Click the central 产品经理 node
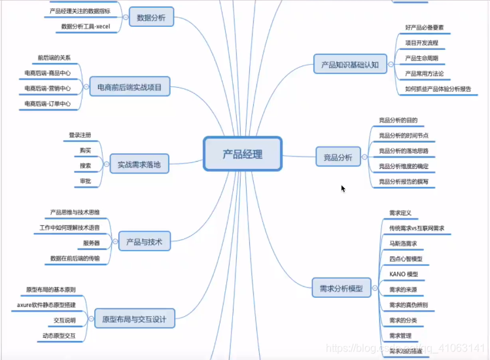(242, 154)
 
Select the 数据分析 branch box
(151, 18)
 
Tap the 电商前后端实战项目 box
(130, 86)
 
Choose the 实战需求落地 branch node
(139, 164)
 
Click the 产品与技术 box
(144, 242)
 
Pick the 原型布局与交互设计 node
(134, 320)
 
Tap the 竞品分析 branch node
(338, 157)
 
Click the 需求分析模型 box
(341, 287)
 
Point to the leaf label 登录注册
(80, 135)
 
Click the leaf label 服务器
(91, 243)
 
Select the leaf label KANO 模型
(403, 274)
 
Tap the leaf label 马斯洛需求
(403, 243)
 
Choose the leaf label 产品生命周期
(422, 58)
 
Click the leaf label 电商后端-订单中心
(47, 103)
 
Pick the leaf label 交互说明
(65, 321)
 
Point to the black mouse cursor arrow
(343, 189)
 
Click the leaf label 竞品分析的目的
(398, 120)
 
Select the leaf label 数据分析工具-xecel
(86, 27)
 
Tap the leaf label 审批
(85, 181)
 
